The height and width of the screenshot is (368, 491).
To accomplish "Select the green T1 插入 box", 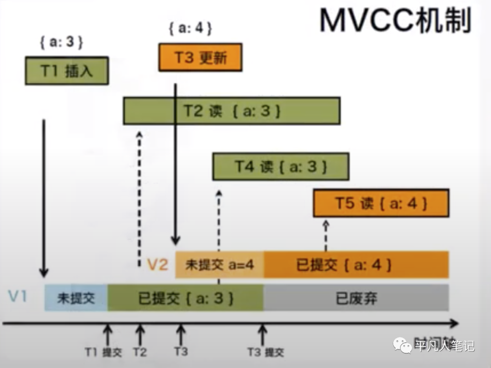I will click(x=67, y=71).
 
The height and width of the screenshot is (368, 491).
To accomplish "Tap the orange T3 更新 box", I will click(x=200, y=57).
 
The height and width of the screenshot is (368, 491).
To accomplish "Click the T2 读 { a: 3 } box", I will click(x=231, y=111).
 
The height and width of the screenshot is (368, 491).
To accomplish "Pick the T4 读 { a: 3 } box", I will click(x=281, y=166).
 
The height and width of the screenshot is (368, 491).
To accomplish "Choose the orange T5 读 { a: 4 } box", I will click(x=381, y=203).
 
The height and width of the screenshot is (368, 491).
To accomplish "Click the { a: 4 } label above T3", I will click(x=190, y=28).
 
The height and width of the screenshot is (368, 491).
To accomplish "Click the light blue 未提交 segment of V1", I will click(x=76, y=298).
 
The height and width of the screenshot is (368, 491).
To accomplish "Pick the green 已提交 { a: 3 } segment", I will click(x=185, y=298).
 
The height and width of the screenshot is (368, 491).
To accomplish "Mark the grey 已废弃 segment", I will click(x=356, y=298).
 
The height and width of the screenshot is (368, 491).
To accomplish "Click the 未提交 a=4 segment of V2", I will click(x=220, y=265).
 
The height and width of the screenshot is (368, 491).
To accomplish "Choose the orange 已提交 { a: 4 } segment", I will click(x=356, y=265).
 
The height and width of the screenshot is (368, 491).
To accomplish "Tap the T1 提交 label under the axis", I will click(x=103, y=352).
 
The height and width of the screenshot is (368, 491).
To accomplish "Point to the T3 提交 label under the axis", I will click(x=266, y=352).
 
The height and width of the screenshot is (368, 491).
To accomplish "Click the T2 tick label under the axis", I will click(x=140, y=352).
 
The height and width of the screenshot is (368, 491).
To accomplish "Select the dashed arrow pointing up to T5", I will click(x=326, y=236).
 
